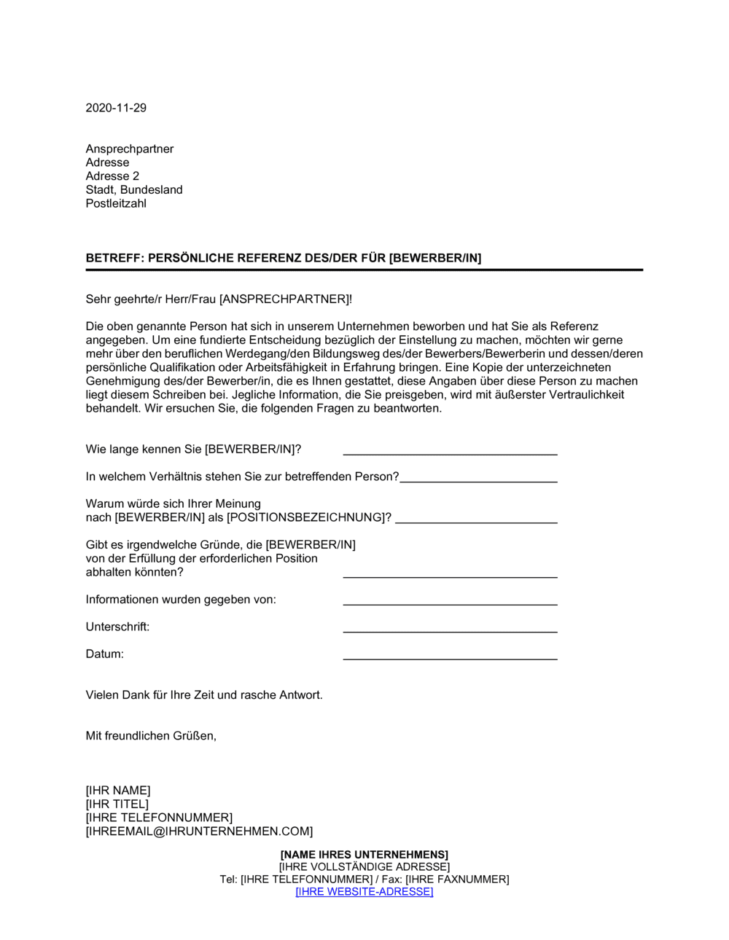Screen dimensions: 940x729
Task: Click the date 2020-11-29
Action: pyautogui.click(x=116, y=108)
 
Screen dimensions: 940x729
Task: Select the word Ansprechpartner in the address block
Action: pyautogui.click(x=130, y=149)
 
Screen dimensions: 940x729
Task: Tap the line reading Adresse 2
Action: pyautogui.click(x=112, y=176)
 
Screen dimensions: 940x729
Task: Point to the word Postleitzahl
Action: pyautogui.click(x=116, y=203)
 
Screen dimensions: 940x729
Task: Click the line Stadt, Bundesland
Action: pyautogui.click(x=134, y=189)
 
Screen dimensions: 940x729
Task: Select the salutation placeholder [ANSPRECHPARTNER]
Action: pyautogui.click(x=284, y=299)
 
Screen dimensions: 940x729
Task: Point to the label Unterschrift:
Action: pyautogui.click(x=117, y=627)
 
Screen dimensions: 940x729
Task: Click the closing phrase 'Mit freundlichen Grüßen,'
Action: pyautogui.click(x=151, y=736)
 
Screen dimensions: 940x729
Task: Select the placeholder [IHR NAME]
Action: pyautogui.click(x=118, y=791)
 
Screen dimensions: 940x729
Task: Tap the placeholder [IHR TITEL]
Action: pyautogui.click(x=117, y=804)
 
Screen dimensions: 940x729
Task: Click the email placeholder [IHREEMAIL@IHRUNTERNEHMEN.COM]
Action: pyautogui.click(x=199, y=831)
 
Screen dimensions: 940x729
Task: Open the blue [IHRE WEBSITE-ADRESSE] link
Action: pyautogui.click(x=364, y=892)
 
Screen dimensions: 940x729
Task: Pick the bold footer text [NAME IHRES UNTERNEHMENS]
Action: pyautogui.click(x=364, y=855)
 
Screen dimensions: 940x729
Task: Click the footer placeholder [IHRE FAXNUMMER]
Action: pyautogui.click(x=457, y=880)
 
